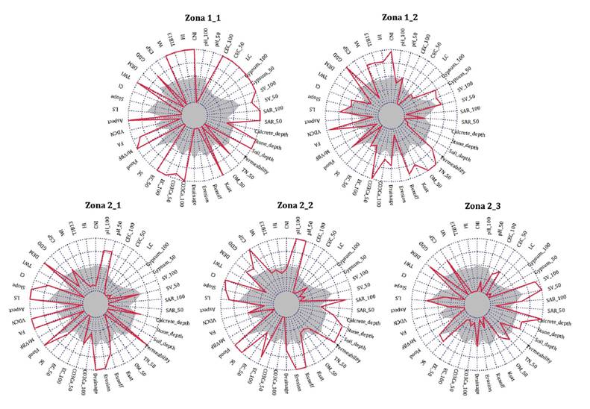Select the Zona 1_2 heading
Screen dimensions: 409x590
[x=401, y=16]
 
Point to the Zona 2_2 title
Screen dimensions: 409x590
[x=298, y=204]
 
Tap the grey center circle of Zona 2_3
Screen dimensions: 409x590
[x=478, y=305]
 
